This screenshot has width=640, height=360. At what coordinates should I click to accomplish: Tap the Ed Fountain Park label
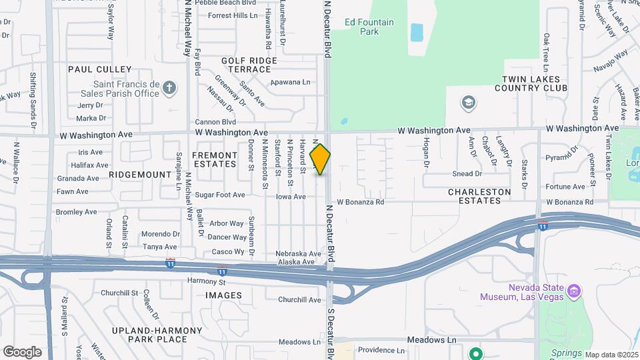(x=369, y=27)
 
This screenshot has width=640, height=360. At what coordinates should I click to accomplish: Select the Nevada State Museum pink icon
(x=573, y=291)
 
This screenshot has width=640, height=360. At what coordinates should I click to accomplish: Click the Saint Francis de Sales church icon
(x=169, y=88)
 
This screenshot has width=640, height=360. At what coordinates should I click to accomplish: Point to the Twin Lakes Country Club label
(x=534, y=83)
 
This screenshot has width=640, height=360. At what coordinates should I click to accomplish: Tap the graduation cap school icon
(x=469, y=103)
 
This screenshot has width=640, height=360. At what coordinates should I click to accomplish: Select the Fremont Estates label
(x=215, y=159)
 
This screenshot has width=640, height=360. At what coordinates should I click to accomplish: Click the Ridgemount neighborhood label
(x=140, y=174)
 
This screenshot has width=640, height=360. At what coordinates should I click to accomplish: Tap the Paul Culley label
(x=100, y=69)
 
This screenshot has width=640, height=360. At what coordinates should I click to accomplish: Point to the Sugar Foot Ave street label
(x=220, y=195)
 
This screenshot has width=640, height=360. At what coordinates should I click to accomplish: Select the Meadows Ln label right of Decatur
(x=433, y=339)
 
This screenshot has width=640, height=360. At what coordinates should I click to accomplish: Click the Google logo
(x=22, y=352)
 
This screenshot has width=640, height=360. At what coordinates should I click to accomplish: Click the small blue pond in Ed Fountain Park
(x=417, y=32)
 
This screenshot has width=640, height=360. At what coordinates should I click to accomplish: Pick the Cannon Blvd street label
(x=215, y=122)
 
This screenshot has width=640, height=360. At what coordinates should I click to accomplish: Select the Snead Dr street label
(x=467, y=174)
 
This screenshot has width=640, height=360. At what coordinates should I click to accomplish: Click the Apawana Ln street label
(x=291, y=83)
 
